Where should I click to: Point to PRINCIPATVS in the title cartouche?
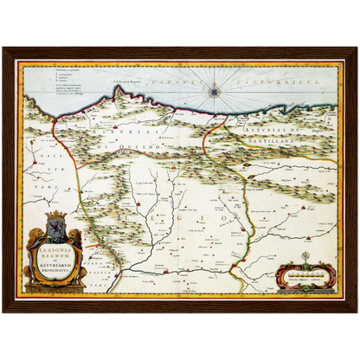click(55, 277)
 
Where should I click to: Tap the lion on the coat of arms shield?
click(55, 231)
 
